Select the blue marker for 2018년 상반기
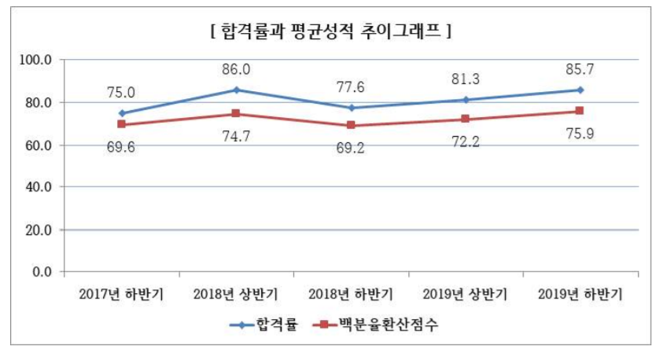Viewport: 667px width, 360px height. coord(236,90)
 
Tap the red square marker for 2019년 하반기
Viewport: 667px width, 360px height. coord(580,111)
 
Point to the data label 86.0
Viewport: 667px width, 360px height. coord(236,70)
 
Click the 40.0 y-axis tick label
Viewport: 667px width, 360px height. coord(39,187)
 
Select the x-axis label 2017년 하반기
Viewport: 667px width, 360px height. coord(121,295)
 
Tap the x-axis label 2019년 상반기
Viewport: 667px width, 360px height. coord(466,295)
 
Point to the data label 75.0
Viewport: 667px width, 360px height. coord(121,93)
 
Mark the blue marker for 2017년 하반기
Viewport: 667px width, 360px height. coord(121,113)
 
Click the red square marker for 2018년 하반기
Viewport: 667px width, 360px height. coord(351,125)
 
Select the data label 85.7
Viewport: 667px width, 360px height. coord(580,71)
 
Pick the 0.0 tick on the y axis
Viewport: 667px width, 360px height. coord(42,272)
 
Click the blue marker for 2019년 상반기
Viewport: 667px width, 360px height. coord(466,100)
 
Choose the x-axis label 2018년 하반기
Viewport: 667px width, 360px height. coord(351,295)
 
